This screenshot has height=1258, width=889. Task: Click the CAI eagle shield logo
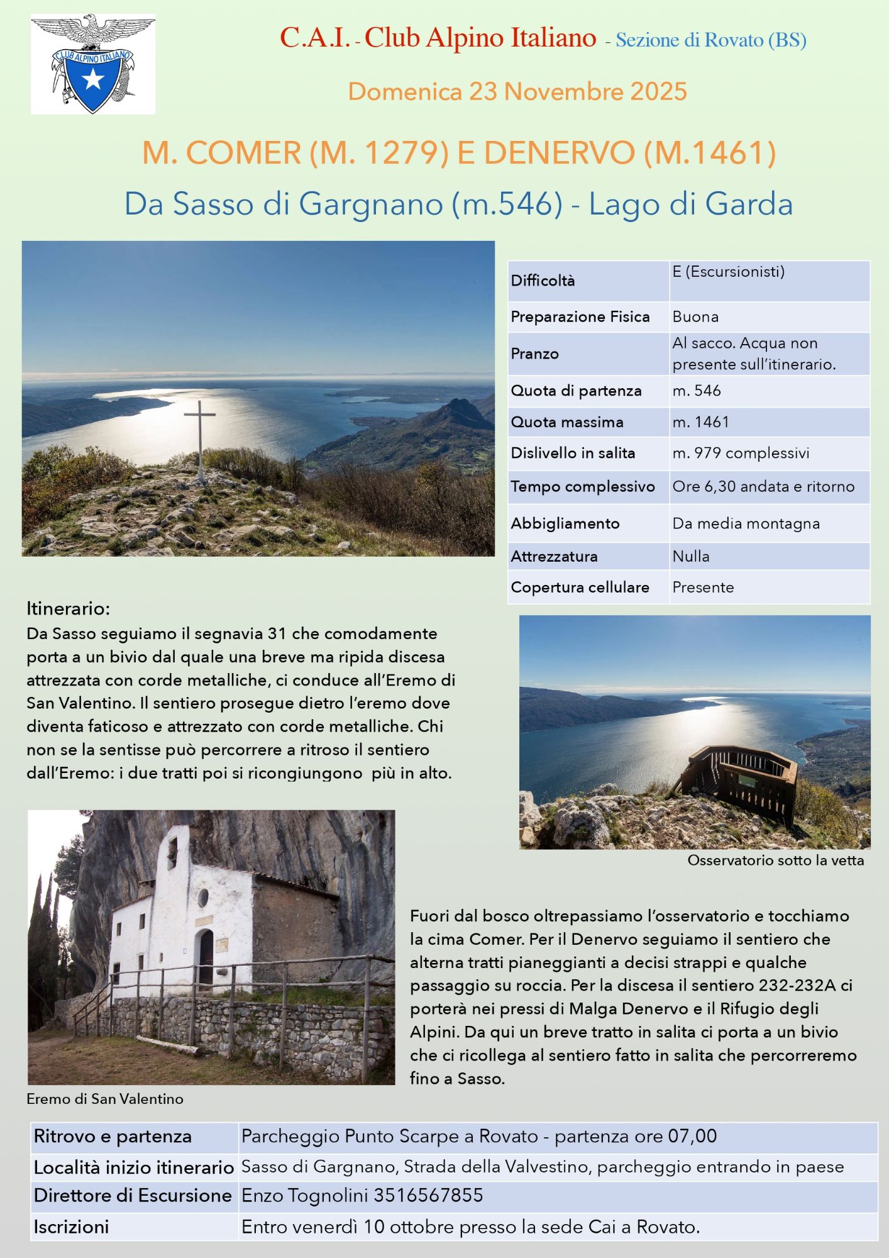[x=93, y=65]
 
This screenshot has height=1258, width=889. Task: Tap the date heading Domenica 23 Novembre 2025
[x=517, y=92]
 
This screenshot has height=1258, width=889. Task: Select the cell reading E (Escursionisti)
[x=728, y=272]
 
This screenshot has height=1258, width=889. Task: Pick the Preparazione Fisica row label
[x=580, y=317]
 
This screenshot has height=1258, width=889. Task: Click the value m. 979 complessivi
[x=741, y=454]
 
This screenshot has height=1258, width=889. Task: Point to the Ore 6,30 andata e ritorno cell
[x=763, y=487]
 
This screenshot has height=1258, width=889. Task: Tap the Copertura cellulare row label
[x=580, y=587]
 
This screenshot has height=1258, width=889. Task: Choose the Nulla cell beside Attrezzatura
[x=691, y=557]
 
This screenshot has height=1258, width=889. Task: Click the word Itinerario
[x=68, y=609]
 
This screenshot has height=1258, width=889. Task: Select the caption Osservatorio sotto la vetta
[x=775, y=860]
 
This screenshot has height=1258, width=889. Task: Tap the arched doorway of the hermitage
[x=206, y=957]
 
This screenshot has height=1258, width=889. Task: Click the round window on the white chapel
[x=203, y=898]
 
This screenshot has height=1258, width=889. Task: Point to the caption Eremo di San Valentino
[x=105, y=1099]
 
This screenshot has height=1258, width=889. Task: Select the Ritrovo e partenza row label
[x=113, y=1137]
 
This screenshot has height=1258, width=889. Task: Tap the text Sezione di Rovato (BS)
[x=710, y=40]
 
